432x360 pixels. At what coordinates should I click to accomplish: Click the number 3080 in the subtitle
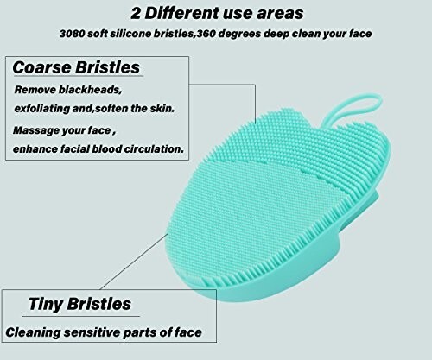point(72,34)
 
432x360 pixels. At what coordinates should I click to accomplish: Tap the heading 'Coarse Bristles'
point(76,67)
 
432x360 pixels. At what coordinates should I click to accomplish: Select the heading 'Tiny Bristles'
point(79,304)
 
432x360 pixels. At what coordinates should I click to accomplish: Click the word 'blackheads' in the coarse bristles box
point(91,90)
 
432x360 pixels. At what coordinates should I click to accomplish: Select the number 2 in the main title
point(136,14)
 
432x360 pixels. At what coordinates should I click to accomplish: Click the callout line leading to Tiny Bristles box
point(134,262)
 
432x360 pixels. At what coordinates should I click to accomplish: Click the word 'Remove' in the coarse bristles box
point(35,90)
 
